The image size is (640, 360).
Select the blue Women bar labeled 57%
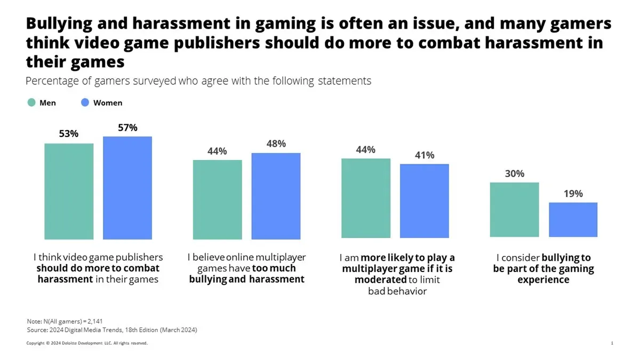(x=127, y=188)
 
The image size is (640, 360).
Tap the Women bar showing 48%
(x=276, y=196)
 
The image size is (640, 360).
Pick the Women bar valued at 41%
(x=425, y=201)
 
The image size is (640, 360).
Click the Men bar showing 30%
(x=514, y=210)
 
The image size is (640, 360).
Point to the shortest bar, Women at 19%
(x=573, y=220)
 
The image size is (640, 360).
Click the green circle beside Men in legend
(x=31, y=102)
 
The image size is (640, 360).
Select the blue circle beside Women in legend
(x=85, y=102)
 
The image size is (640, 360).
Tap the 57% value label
(x=127, y=127)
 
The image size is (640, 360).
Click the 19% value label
(x=573, y=194)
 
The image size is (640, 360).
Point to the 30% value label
(x=515, y=173)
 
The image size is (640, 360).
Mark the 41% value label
(x=425, y=155)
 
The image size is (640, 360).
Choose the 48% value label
(x=276, y=144)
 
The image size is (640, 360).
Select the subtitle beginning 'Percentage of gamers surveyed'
(x=198, y=82)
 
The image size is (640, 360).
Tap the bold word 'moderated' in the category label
(x=381, y=279)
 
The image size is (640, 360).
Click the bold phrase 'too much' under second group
(x=274, y=268)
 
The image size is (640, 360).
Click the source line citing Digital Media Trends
(x=111, y=330)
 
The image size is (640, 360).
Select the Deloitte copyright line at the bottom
(x=87, y=343)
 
